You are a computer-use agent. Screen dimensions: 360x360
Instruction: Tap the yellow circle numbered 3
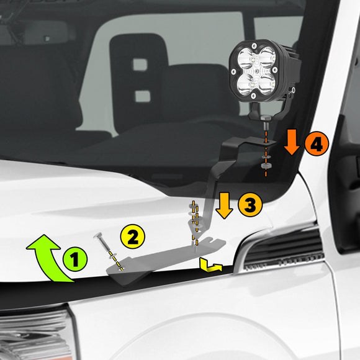(250, 205)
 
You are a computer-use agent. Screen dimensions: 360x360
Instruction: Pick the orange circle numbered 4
(315, 144)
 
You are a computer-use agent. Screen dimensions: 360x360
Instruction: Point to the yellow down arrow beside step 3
(224, 205)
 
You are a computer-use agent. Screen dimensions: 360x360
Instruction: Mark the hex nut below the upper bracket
(265, 166)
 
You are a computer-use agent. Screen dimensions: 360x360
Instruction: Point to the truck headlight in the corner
(31, 335)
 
